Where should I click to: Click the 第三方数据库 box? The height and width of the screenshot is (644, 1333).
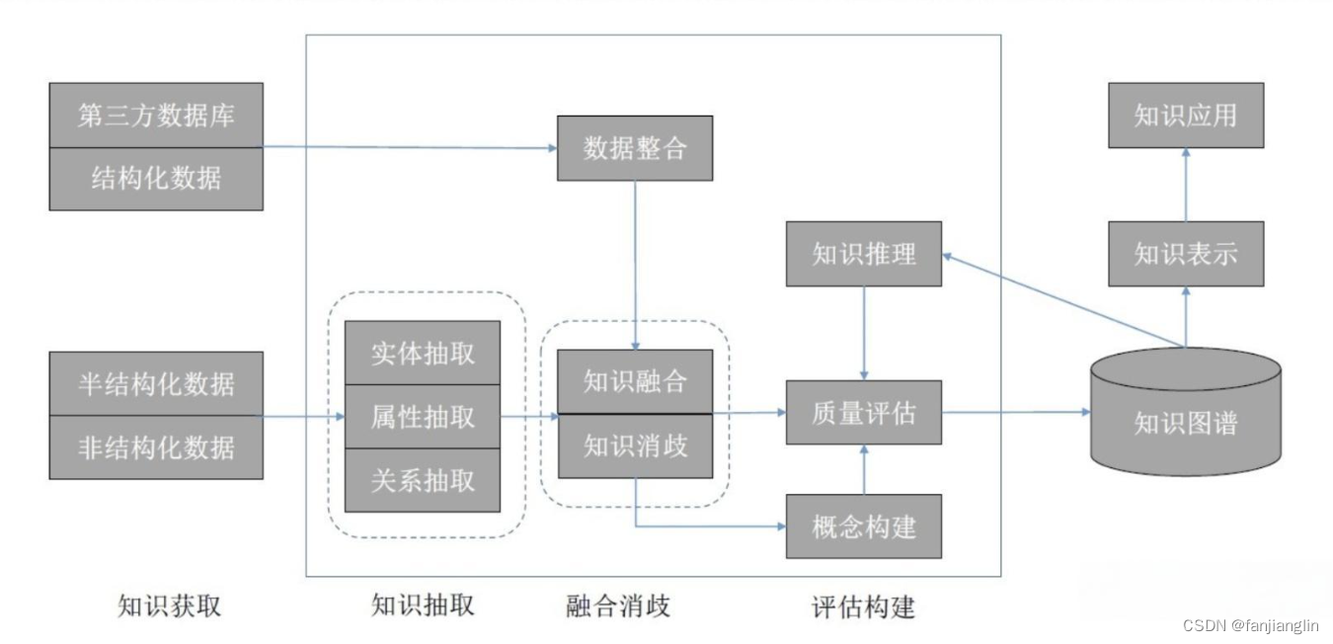tap(156, 115)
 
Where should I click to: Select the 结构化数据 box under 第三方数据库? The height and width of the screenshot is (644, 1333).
tap(156, 179)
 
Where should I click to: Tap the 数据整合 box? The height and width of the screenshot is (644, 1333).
tap(634, 148)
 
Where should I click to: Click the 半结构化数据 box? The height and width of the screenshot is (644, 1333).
tap(156, 383)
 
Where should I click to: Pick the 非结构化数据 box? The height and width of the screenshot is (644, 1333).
tap(156, 446)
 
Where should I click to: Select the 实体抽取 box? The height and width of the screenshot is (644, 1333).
tap(423, 353)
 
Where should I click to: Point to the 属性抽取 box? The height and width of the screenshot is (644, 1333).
tap(423, 417)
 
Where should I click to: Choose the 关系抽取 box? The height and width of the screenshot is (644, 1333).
tap(423, 480)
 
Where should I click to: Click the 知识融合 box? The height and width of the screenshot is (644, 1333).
tap(634, 381)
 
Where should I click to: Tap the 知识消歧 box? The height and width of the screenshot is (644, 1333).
tap(634, 445)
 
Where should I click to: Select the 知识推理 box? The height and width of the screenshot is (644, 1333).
tap(864, 254)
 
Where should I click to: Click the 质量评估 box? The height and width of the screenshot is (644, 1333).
tap(864, 412)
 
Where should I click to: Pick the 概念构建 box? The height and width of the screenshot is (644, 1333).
tap(864, 526)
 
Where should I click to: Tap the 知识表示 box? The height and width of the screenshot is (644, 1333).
tap(1185, 254)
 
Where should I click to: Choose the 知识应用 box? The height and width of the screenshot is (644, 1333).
tap(1185, 115)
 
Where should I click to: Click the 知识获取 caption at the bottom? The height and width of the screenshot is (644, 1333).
tap(169, 605)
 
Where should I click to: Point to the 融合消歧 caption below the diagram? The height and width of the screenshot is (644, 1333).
tap(618, 604)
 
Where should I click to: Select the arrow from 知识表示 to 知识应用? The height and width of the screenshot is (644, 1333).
tap(1185, 185)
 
